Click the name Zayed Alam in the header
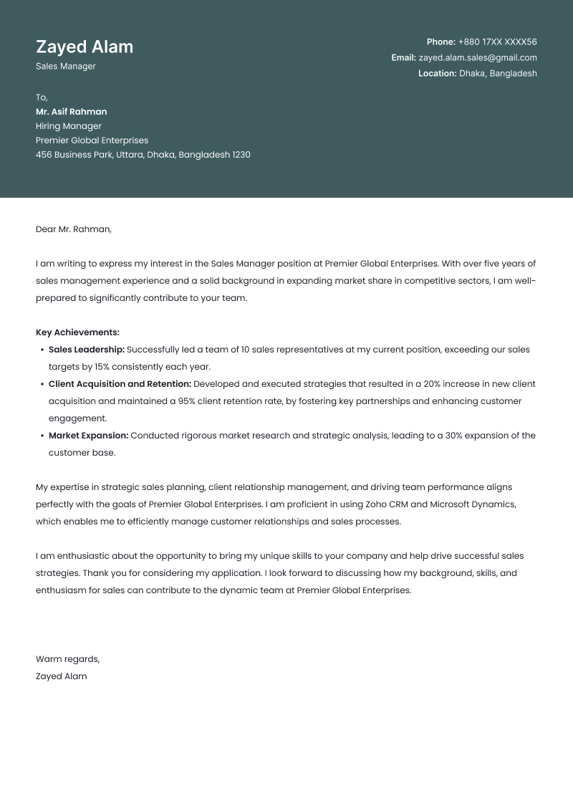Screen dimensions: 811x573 (85, 47)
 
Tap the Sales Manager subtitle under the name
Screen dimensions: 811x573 (65, 67)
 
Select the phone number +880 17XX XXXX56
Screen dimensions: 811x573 (497, 42)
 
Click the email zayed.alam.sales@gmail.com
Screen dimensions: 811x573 (478, 58)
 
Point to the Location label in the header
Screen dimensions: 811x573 (437, 73)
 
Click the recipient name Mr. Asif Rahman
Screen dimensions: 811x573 (71, 112)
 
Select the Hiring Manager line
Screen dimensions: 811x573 (68, 126)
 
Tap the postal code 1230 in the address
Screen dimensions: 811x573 (241, 155)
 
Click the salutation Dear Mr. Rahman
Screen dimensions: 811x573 (73, 229)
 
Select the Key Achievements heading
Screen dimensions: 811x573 (77, 332)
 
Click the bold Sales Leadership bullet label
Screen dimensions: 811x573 (87, 350)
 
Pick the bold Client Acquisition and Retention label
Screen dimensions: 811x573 (120, 384)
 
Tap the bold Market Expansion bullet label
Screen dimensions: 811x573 (88, 436)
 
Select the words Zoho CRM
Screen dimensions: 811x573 (386, 504)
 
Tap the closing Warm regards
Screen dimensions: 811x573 (67, 659)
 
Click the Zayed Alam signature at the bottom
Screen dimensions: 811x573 (61, 676)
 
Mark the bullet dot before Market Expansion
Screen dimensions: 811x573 (41, 436)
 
